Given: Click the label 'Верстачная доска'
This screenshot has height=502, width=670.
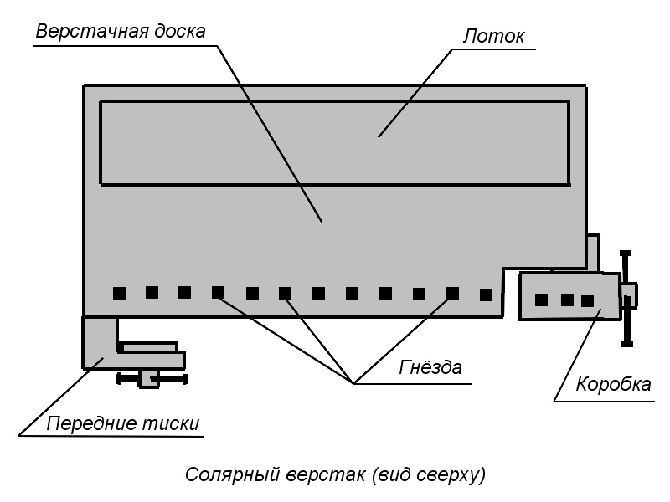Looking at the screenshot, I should click(x=121, y=31).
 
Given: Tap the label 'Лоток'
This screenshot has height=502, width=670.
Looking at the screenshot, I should click(x=493, y=37).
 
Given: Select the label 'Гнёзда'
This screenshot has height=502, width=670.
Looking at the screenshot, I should click(x=430, y=367).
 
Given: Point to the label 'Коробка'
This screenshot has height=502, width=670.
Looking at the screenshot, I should click(x=613, y=385).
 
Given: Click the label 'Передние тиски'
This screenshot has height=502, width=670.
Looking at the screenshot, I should click(x=122, y=423).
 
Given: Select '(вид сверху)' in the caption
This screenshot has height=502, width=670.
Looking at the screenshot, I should click(x=425, y=475).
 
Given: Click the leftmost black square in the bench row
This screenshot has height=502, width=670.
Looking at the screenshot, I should click(x=119, y=293).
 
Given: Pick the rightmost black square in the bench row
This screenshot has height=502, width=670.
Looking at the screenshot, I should click(x=486, y=295).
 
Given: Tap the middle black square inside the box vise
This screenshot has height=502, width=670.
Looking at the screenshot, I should click(x=567, y=300).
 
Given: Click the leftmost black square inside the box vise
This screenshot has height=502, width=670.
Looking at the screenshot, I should click(x=542, y=300).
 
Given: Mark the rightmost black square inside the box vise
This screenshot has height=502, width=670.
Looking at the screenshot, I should click(x=587, y=300).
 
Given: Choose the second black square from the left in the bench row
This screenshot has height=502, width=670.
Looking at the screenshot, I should click(x=152, y=292).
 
